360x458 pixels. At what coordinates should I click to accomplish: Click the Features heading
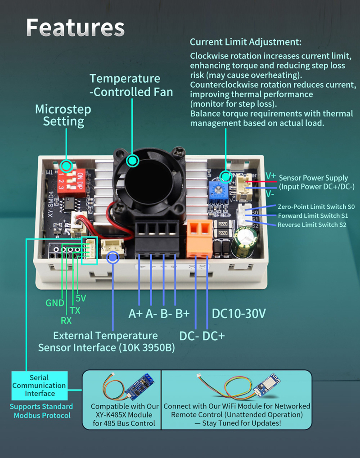pyautogui.click(x=75, y=28)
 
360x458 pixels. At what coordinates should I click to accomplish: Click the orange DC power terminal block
pyautogui.click(x=199, y=236)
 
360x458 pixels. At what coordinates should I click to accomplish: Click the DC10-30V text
pyautogui.click(x=239, y=313)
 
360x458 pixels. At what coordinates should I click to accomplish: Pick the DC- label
pyautogui.click(x=189, y=336)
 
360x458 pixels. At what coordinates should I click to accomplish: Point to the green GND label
pyautogui.click(x=55, y=303)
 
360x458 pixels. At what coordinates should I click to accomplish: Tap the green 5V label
pyautogui.click(x=81, y=298)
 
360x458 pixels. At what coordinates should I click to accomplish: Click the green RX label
pyautogui.click(x=66, y=321)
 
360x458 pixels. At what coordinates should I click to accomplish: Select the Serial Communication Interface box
pyautogui.click(x=39, y=386)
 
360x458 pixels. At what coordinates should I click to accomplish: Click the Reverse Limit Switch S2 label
pyautogui.click(x=312, y=225)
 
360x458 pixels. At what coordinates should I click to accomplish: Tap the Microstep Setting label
pyautogui.click(x=63, y=115)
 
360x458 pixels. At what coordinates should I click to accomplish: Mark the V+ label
pyautogui.click(x=270, y=176)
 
